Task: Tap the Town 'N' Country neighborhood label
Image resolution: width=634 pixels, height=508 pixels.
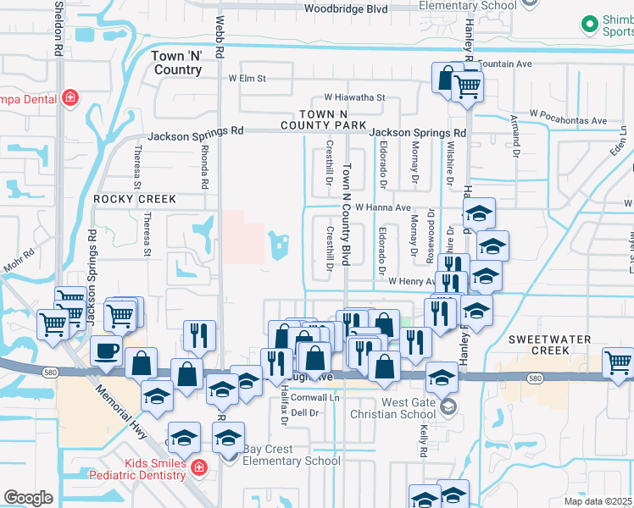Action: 177,63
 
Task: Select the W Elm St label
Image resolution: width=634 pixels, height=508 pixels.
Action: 247,79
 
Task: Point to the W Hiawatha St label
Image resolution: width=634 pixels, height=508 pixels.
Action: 352,98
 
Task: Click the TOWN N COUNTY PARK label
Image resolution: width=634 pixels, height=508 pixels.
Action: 325,119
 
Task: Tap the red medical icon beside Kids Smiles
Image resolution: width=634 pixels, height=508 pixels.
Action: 198,467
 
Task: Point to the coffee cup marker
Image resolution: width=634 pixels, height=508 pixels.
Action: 106,349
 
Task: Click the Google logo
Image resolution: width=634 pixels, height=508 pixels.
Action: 28,497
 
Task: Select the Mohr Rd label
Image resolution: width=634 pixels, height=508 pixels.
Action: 18,257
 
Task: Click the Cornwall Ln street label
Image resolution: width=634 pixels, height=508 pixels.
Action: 314,397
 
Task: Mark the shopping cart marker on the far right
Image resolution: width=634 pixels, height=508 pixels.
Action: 618,362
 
